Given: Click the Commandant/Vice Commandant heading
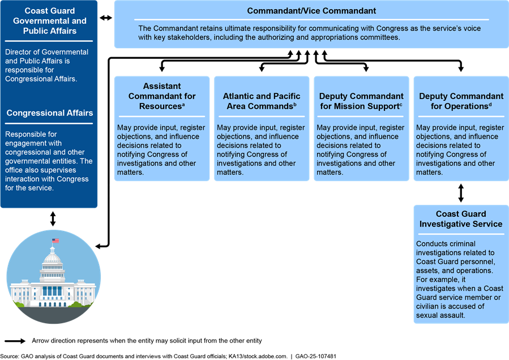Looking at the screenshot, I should [x=311, y=11].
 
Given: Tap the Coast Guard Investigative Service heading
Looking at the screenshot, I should [x=461, y=219].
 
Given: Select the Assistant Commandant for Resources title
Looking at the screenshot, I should [x=162, y=96].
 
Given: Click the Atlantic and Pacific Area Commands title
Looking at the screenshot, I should [x=262, y=101].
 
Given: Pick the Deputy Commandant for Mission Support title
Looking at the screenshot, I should [x=361, y=101].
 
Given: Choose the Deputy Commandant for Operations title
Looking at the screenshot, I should [x=461, y=101].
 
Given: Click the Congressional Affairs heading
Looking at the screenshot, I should [x=50, y=113].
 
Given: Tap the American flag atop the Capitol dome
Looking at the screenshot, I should [x=55, y=241].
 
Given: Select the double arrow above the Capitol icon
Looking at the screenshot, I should [x=53, y=219].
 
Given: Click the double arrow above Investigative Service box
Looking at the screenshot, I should [x=461, y=192].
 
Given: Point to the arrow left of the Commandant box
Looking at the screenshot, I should [x=106, y=18].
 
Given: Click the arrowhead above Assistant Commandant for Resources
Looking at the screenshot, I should [x=162, y=69].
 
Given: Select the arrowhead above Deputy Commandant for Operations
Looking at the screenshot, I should [x=461, y=69].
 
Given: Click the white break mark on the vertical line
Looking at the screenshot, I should [x=109, y=191].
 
